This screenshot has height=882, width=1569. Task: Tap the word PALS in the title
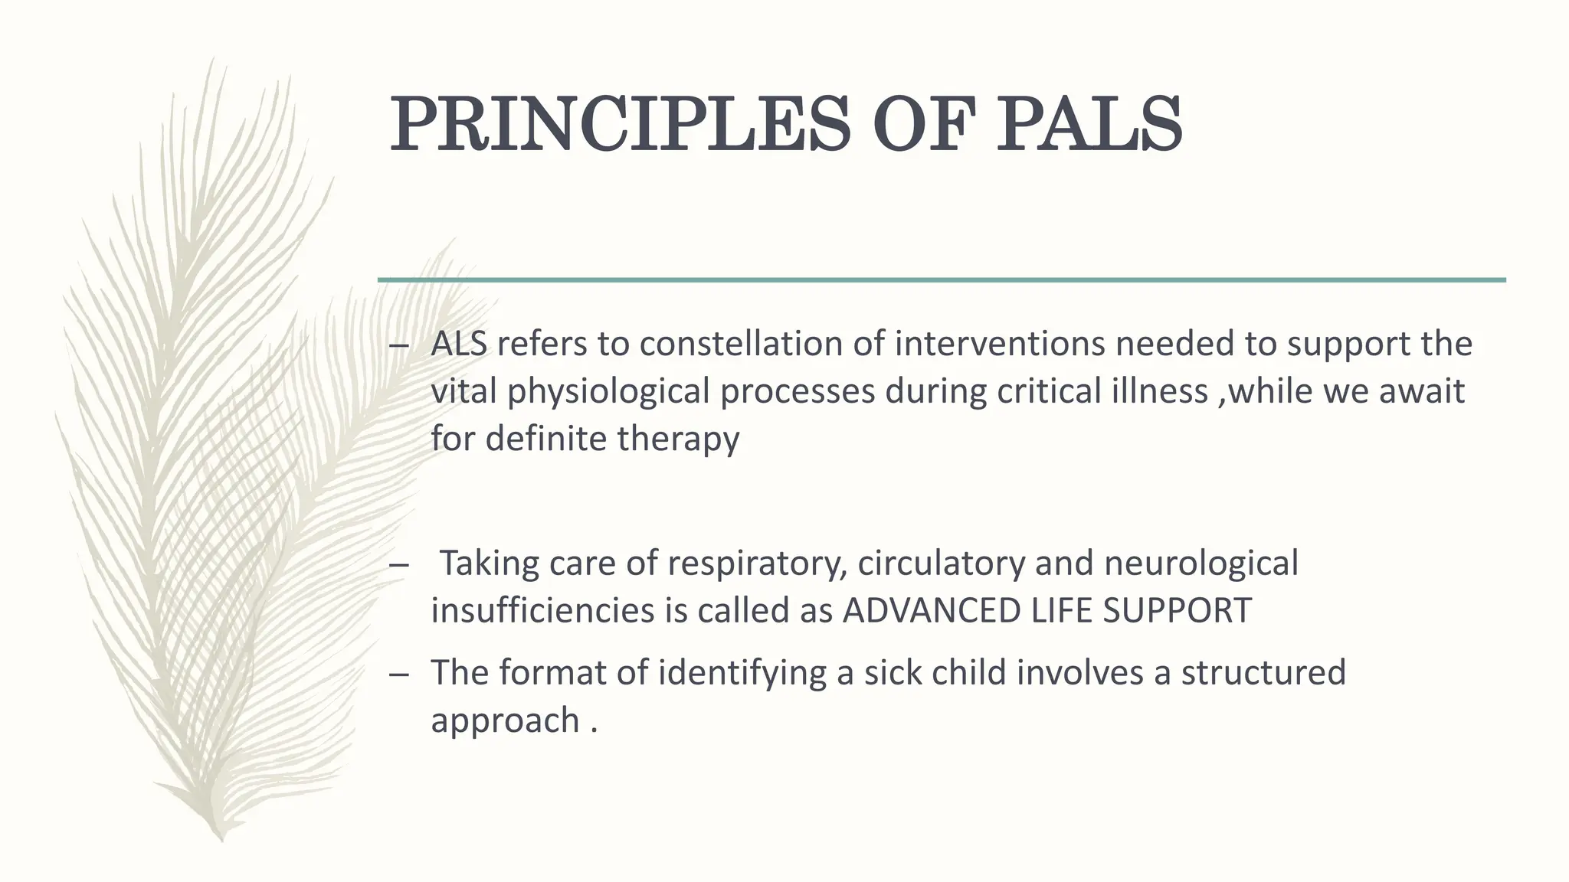(x=1088, y=125)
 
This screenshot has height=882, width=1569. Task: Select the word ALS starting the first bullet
(x=458, y=344)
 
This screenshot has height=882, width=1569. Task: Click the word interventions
(x=999, y=344)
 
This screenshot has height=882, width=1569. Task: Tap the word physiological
(x=608, y=392)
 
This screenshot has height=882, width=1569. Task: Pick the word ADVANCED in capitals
(x=932, y=611)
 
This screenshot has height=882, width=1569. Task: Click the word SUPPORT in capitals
(x=1177, y=611)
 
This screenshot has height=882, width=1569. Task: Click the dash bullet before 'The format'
(x=398, y=675)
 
